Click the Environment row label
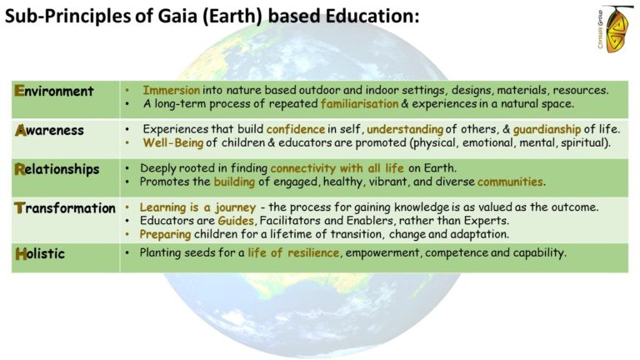coord(54,91)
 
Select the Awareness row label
coord(49,130)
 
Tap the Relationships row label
coord(57,169)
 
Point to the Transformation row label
coord(65,208)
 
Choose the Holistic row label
coord(40,254)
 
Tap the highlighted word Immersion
coord(172,90)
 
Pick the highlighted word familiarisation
coord(360,103)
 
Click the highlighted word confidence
coord(296,129)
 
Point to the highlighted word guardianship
coord(547,130)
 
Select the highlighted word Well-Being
coord(173,142)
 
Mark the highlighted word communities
coord(510,182)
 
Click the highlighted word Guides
coord(236,221)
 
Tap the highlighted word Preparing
coord(165,235)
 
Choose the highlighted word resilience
coord(313,252)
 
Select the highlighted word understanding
coord(405,130)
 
